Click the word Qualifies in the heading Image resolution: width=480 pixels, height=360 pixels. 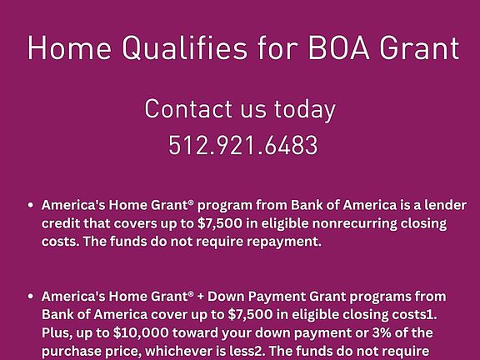[185, 48]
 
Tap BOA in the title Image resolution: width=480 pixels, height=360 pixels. [339, 48]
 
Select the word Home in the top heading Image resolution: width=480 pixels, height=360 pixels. [69, 47]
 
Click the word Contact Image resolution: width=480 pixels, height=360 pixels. [188, 108]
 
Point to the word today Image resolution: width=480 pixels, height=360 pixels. [305, 110]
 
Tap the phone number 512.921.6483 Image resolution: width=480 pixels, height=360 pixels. [243, 145]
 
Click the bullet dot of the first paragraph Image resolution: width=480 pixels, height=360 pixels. [30, 205]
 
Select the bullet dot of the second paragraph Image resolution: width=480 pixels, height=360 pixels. [30, 296]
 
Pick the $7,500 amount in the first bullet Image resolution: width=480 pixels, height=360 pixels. [220, 223]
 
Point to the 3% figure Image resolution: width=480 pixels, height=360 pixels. [382, 332]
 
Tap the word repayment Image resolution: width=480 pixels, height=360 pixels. [284, 242]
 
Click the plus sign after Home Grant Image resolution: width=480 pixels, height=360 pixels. [201, 297]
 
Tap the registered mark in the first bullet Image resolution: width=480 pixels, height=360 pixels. [192, 202]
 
